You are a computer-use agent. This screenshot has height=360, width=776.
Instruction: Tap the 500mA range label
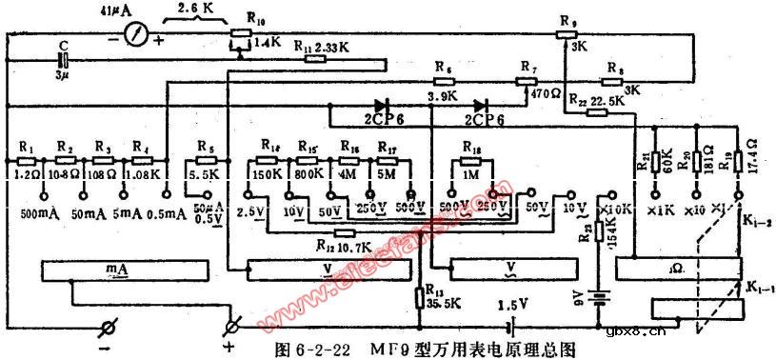coord(41,214)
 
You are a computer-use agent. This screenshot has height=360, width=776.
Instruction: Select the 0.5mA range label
coord(169,214)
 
